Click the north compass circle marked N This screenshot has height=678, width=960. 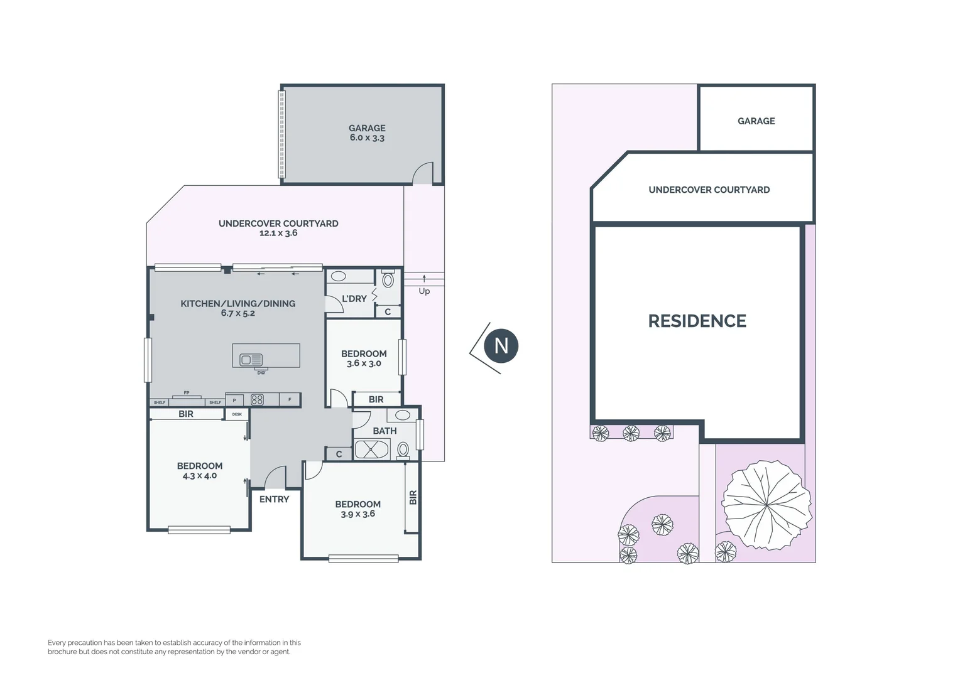(501, 346)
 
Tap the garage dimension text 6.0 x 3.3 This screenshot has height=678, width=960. (367, 138)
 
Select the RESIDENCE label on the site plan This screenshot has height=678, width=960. (697, 321)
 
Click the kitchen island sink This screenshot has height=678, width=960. (251, 360)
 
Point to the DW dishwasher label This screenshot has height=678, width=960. (261, 373)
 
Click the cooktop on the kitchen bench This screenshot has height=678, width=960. (257, 400)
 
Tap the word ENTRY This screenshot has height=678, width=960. (274, 500)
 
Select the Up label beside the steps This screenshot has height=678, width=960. (424, 291)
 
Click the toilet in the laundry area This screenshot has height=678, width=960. (388, 279)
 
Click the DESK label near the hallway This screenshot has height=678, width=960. (237, 414)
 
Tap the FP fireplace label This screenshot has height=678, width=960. (187, 393)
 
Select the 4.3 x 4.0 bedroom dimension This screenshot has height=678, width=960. (200, 476)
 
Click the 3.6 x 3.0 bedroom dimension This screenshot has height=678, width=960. (364, 363)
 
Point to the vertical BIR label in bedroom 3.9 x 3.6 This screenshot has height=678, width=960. (413, 498)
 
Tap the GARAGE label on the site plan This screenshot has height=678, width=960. (756, 121)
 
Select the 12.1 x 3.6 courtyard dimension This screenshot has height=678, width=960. (278, 233)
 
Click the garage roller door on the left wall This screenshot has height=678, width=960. (281, 134)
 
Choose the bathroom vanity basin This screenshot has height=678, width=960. (403, 415)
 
